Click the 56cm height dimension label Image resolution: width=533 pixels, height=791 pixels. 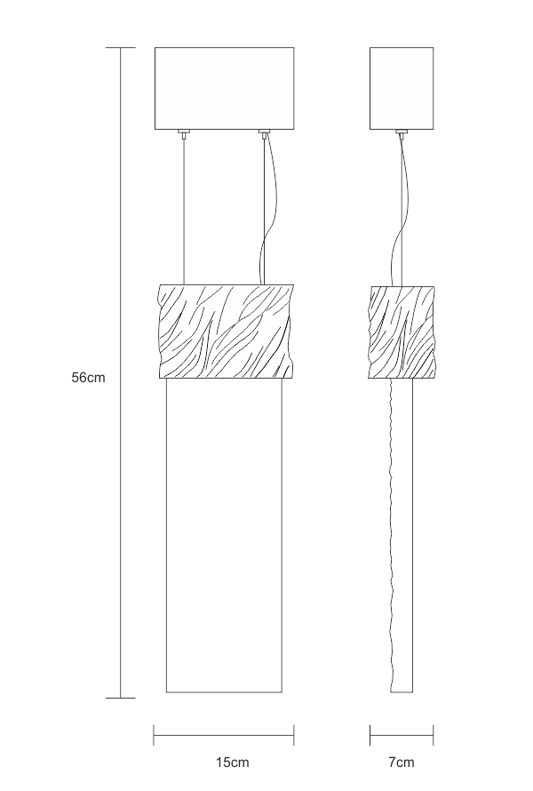click(89, 377)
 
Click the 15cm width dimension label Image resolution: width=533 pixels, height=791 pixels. click(232, 763)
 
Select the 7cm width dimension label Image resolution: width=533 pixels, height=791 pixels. click(402, 763)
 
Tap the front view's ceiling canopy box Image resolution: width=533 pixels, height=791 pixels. click(224, 87)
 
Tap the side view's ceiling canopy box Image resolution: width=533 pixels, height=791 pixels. click(402, 87)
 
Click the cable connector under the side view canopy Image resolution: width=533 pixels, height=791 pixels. click(402, 133)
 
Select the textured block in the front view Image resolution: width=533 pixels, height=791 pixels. click(224, 331)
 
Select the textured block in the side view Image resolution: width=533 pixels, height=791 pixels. click(402, 331)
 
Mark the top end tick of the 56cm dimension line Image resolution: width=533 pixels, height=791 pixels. click(121, 47)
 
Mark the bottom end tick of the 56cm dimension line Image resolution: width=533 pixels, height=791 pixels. click(121, 698)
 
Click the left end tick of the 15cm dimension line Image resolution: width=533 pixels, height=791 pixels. click(155, 734)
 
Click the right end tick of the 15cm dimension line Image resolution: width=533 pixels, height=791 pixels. click(294, 734)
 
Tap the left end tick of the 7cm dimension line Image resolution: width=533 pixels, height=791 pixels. click(370, 734)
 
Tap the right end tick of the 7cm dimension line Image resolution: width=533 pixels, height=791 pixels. click(434, 734)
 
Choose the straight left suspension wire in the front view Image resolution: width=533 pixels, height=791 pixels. click(183, 209)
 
